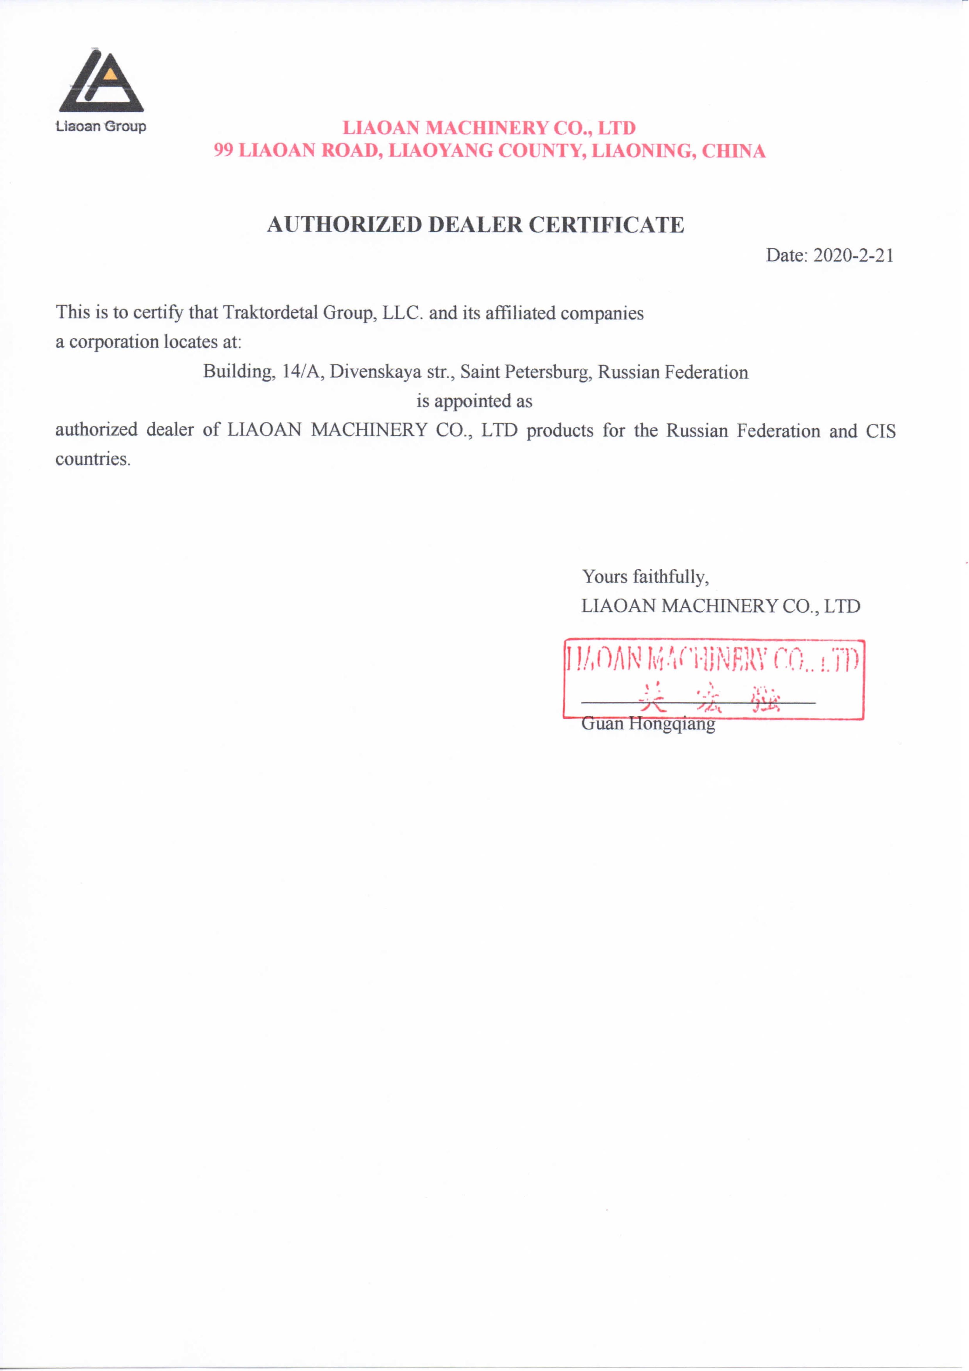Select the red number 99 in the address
[223, 150]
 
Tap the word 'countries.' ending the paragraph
[93, 459]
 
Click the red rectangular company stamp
[713, 679]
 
